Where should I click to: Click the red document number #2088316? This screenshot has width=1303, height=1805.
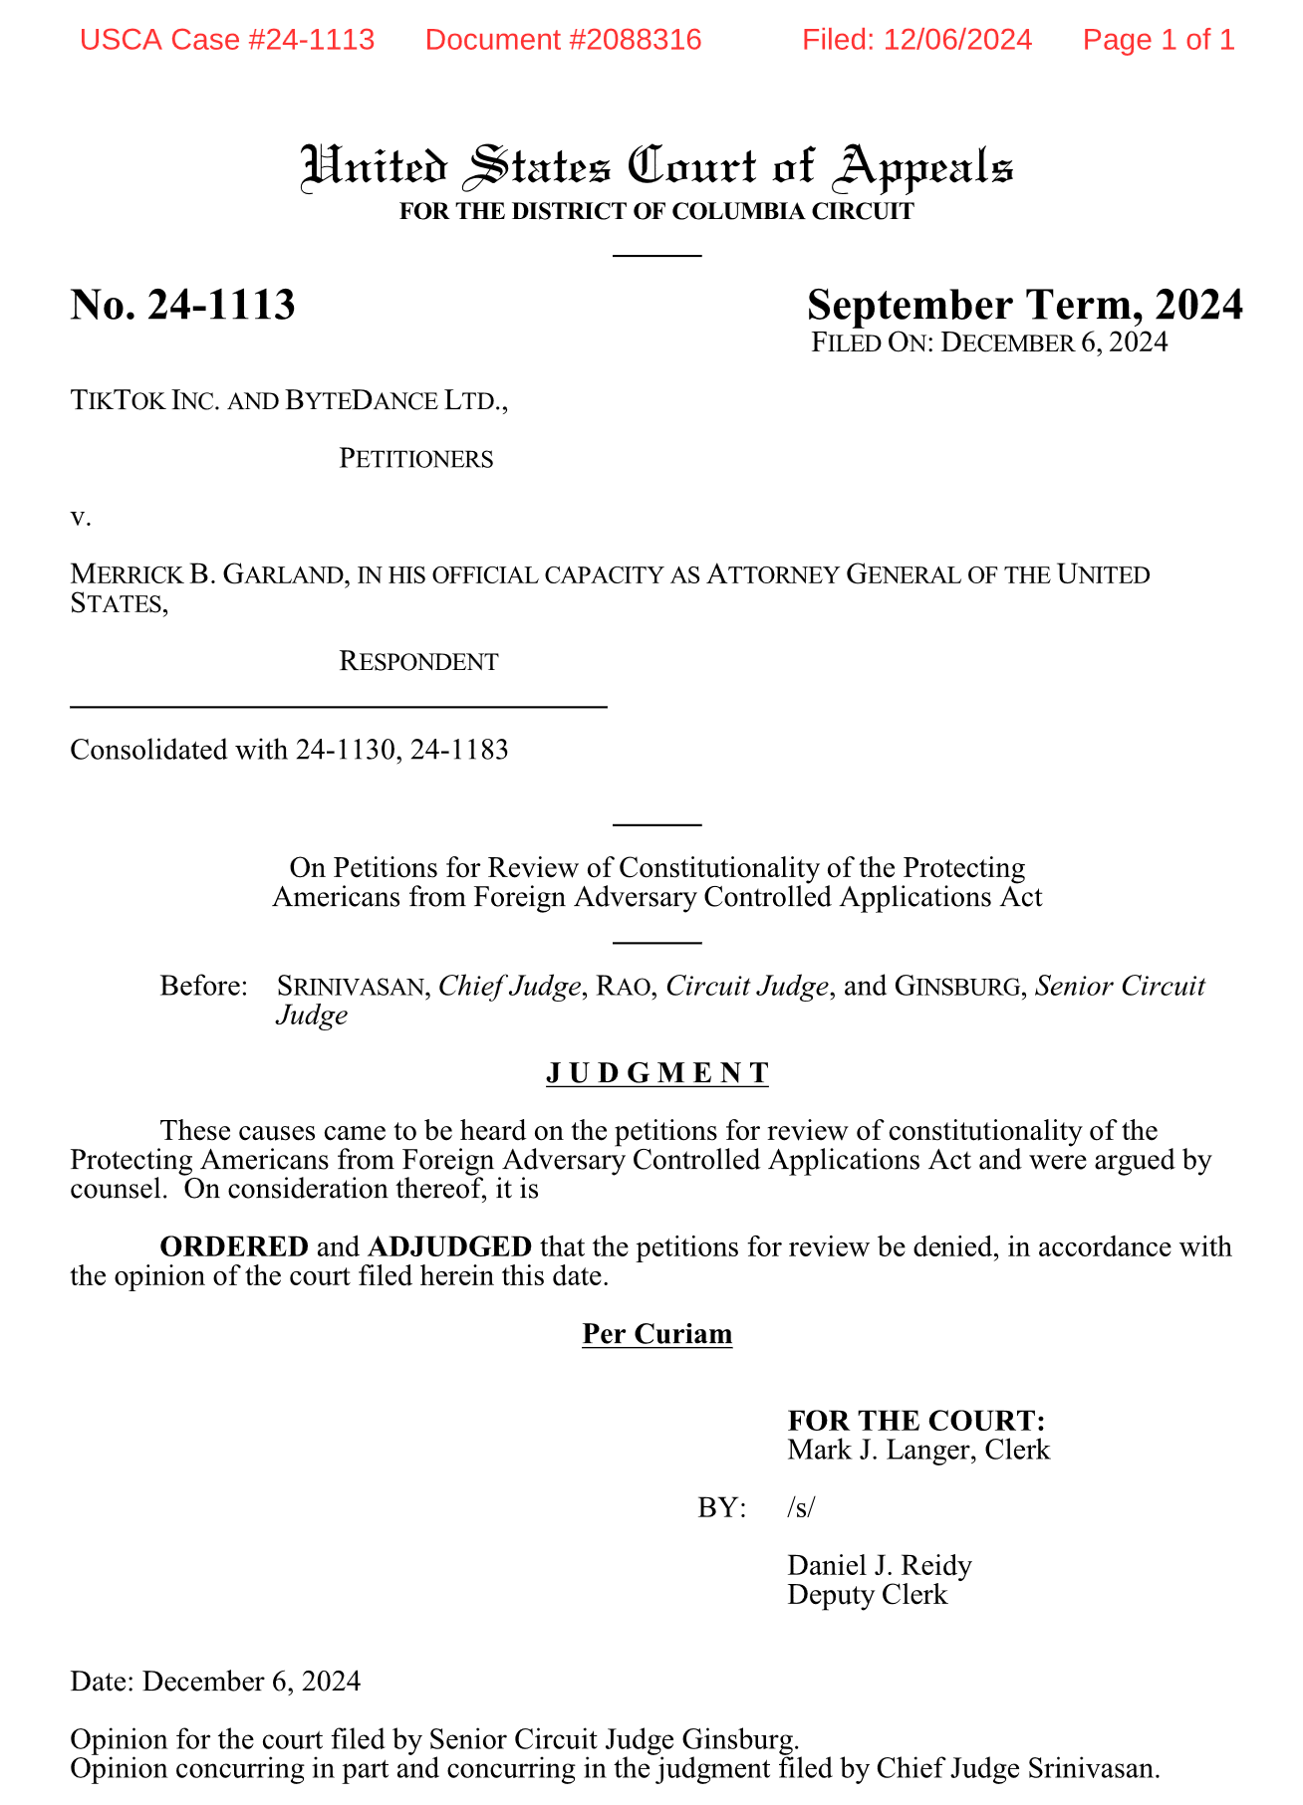pyautogui.click(x=563, y=40)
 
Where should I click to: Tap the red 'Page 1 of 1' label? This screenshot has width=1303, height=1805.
pyautogui.click(x=1159, y=40)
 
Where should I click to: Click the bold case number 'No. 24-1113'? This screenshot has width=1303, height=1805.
pyautogui.click(x=182, y=305)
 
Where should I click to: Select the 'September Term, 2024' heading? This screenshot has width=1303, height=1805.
pyautogui.click(x=1024, y=305)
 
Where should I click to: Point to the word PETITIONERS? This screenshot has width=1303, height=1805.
pyautogui.click(x=415, y=459)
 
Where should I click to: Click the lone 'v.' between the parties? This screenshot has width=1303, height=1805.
pyautogui.click(x=80, y=517)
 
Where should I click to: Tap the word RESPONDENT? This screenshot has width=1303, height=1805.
pyautogui.click(x=418, y=662)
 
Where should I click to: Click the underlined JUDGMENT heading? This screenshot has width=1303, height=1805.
pyautogui.click(x=657, y=1073)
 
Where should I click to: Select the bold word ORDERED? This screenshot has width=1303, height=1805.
pyautogui.click(x=234, y=1246)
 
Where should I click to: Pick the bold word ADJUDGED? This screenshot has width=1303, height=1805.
pyautogui.click(x=449, y=1246)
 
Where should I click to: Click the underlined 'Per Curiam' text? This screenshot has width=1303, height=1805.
pyautogui.click(x=657, y=1334)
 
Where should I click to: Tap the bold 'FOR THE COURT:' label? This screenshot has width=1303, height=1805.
pyautogui.click(x=915, y=1421)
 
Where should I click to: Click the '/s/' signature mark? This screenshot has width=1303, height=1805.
pyautogui.click(x=800, y=1508)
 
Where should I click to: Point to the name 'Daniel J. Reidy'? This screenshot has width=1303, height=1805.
pyautogui.click(x=879, y=1566)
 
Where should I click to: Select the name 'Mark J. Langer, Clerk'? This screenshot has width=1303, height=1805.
pyautogui.click(x=917, y=1450)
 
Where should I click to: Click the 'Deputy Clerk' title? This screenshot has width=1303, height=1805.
pyautogui.click(x=867, y=1595)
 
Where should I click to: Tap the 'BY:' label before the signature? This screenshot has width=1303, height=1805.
pyautogui.click(x=722, y=1508)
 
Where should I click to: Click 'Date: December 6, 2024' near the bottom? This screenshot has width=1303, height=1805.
pyautogui.click(x=215, y=1682)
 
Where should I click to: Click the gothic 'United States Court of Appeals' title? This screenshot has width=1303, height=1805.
pyautogui.click(x=657, y=167)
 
